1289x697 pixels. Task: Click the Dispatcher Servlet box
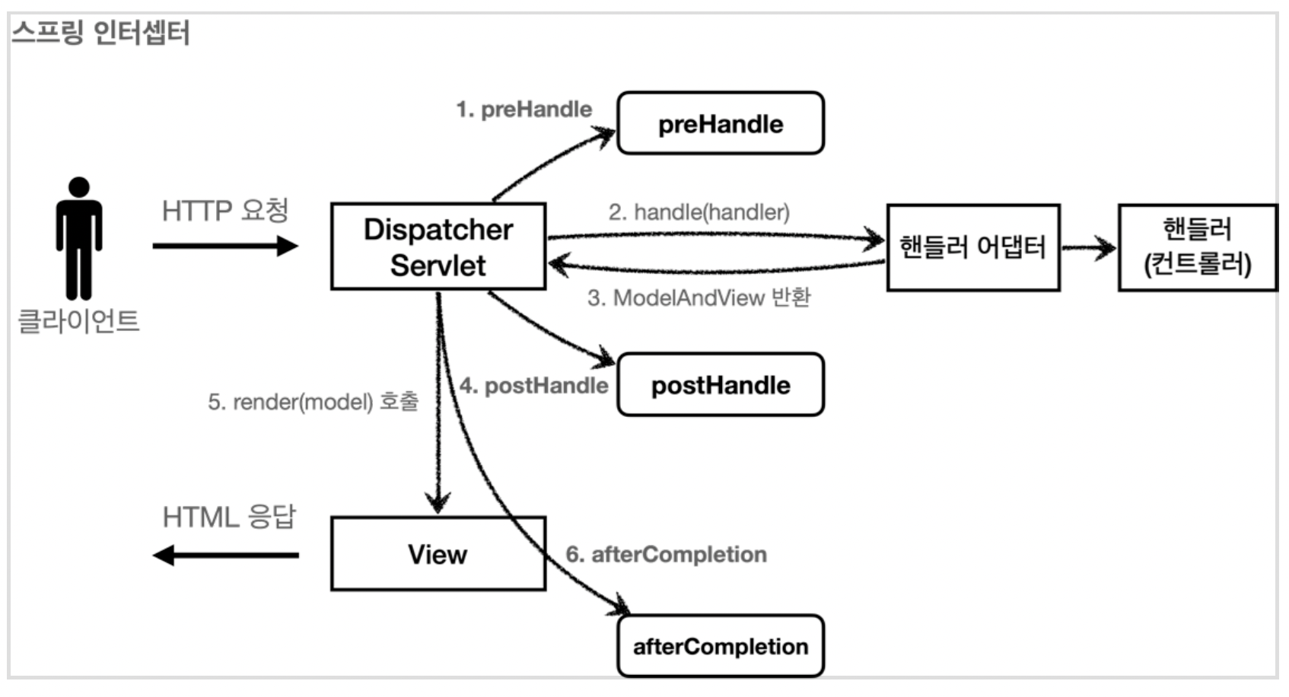coord(438,247)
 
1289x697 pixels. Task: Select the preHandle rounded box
coord(721,123)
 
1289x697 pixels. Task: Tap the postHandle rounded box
coord(721,384)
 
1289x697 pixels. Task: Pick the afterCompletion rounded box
coord(721,646)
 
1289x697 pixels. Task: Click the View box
coord(438,554)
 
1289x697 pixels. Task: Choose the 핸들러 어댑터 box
coord(973,247)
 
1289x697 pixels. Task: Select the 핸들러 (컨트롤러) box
coord(1198,247)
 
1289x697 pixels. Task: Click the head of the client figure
coord(79,187)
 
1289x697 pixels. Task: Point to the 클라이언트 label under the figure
coord(79,320)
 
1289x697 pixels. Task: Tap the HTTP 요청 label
coord(225,211)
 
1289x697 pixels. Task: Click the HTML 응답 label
coord(229,516)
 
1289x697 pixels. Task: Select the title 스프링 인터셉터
coord(100,32)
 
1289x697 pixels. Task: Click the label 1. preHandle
coord(524,110)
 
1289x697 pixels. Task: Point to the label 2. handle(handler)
coord(699,212)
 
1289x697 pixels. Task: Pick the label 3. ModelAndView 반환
coord(699,298)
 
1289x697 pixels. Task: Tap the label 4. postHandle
coord(534,386)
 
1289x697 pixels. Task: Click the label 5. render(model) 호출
coord(313,401)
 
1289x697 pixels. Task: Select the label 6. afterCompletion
coord(667,554)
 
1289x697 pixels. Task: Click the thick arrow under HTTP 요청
coord(225,246)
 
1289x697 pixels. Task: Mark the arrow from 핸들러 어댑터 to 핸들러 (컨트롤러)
coord(1089,248)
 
